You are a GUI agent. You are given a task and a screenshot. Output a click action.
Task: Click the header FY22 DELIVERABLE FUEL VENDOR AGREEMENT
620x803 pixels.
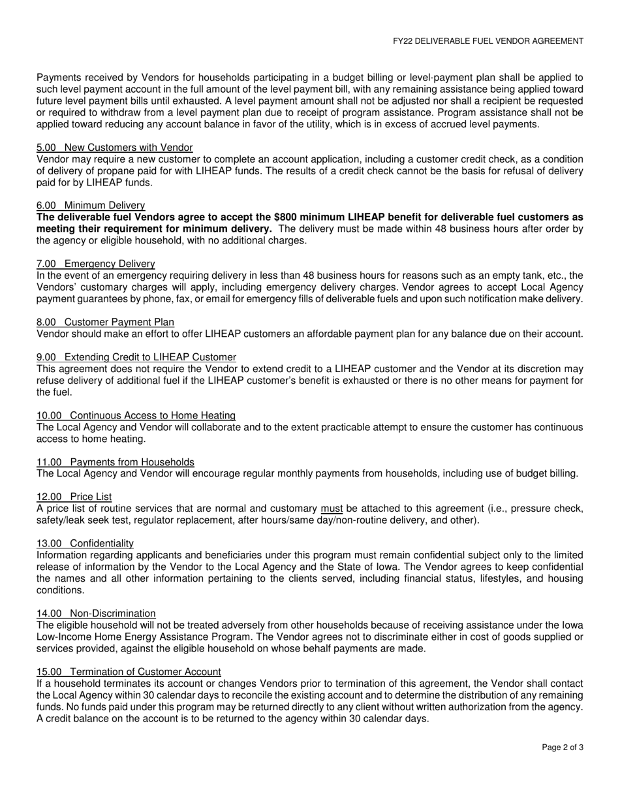coord(488,40)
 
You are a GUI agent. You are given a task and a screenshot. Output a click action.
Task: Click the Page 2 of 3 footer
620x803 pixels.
coord(563,748)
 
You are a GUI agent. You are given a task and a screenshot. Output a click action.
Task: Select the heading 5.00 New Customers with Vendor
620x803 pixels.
coord(115,148)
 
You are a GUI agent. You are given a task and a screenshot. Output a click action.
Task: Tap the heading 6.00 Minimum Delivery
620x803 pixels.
coord(91,206)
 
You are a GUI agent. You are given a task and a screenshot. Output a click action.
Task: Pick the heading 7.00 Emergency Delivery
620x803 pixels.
coord(96,264)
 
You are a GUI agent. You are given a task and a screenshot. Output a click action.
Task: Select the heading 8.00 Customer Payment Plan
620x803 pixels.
coord(106,322)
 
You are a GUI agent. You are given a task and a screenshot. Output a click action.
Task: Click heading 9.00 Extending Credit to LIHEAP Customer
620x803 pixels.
coord(136,357)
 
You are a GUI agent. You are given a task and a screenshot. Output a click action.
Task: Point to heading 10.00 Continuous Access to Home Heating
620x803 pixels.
coord(136,415)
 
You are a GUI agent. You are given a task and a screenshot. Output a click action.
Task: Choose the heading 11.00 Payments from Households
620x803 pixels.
coord(116,462)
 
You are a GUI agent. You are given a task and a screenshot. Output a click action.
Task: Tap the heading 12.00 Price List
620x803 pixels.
coord(74,497)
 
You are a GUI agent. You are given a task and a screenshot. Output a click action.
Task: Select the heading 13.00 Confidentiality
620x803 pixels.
coord(85,543)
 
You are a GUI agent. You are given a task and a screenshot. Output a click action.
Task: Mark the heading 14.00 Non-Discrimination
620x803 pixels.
coord(97,613)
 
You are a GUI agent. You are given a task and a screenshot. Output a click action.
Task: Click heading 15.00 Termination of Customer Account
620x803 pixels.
coord(129,672)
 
